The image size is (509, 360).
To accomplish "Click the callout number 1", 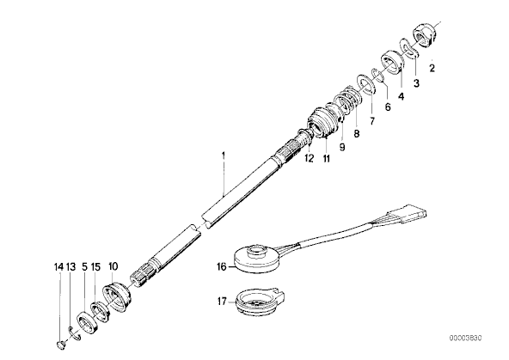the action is coord(224,156).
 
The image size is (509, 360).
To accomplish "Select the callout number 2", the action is coord(432,68).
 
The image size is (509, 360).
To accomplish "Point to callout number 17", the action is coord(223,302).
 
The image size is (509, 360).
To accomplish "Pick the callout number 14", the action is coord(58,267).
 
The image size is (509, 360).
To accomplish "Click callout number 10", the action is coord(113,266).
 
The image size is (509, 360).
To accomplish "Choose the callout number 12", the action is coord(310,158).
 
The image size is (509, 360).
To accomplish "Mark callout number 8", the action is coord(357,133).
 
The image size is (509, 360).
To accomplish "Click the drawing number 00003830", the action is coord(465,338).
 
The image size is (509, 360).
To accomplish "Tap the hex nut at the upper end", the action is coord(425,34).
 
